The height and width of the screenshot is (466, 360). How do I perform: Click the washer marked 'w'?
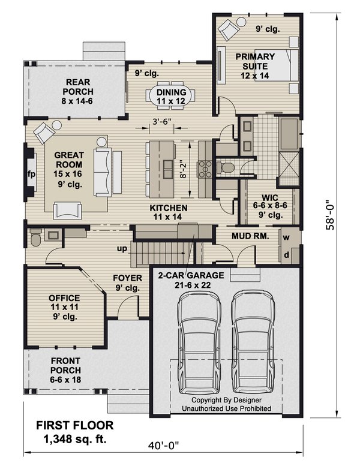286,236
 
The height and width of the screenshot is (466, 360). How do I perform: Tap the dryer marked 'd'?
286,254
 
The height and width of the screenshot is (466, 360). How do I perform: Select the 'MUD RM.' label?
250,236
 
